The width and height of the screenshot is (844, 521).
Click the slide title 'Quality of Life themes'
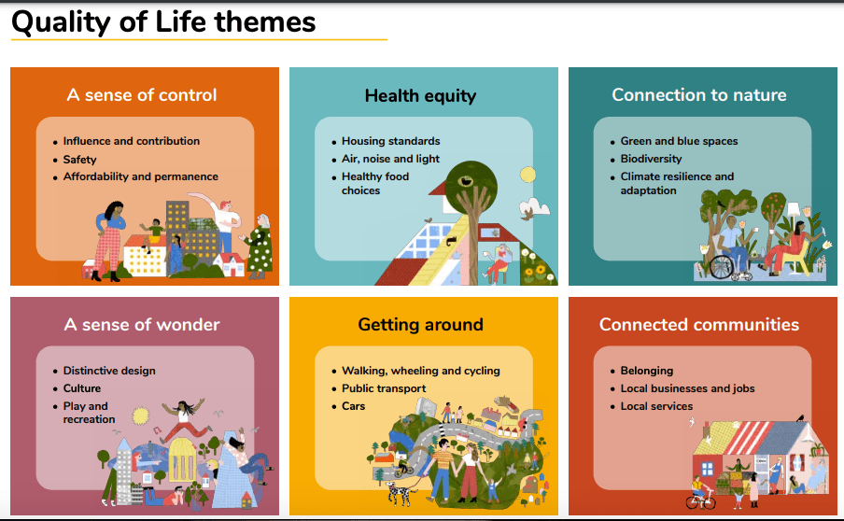(163, 22)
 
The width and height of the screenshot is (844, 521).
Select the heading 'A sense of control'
(142, 95)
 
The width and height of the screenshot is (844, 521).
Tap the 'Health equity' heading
(420, 96)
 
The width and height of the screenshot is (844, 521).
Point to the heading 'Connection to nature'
(699, 95)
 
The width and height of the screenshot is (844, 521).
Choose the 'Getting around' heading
(420, 325)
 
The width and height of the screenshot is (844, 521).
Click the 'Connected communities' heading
(699, 325)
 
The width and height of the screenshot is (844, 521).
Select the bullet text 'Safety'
(79, 160)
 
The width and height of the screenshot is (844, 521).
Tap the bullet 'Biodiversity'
(651, 159)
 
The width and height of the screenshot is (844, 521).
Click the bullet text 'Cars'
(353, 406)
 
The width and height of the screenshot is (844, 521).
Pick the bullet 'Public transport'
(384, 388)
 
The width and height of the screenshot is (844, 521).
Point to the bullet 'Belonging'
(646, 371)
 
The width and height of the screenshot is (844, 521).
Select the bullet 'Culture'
(82, 388)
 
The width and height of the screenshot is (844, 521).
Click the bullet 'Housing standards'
(391, 141)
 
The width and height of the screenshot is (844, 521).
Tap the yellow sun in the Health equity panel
(527, 175)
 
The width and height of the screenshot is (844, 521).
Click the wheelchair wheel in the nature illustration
(722, 267)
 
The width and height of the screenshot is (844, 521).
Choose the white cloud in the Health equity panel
(534, 208)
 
